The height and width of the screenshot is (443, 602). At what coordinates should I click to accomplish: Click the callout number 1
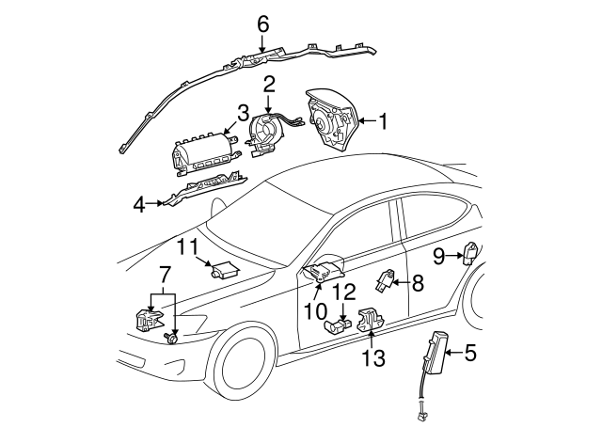[x=383, y=120]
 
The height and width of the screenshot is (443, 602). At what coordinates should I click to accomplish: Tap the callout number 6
[x=262, y=22]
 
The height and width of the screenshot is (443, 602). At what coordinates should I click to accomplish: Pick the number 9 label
[x=438, y=255]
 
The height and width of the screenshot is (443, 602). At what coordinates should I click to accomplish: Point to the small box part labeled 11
[x=224, y=269]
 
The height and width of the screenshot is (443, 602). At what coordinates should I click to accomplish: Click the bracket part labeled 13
[x=372, y=322]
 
